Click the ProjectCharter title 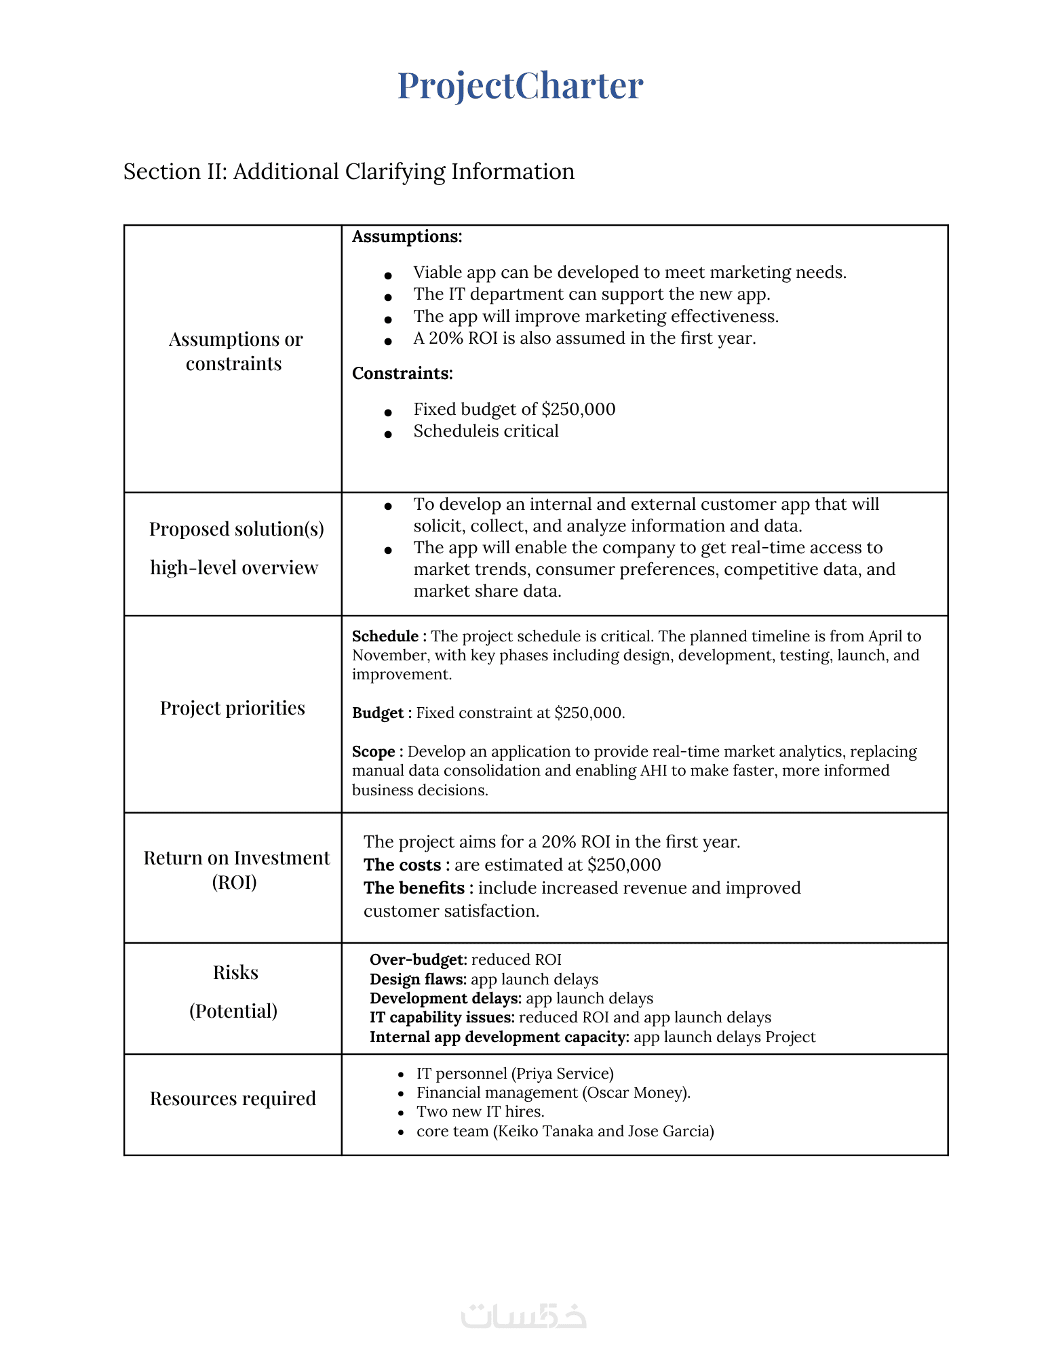[520, 86]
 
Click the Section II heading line [349, 172]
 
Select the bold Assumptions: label [407, 237]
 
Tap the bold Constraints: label [402, 374]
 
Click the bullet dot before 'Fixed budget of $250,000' [388, 412]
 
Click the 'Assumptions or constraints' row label [235, 351]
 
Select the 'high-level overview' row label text [234, 567]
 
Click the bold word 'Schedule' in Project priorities [385, 636]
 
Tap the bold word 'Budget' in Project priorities [378, 713]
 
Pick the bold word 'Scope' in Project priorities [374, 751]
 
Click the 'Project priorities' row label [233, 708]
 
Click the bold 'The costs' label [402, 865]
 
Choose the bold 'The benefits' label [414, 888]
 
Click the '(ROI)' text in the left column [235, 882]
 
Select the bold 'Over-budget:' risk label [418, 960]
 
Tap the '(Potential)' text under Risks [233, 1011]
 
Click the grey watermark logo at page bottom [524, 1315]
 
